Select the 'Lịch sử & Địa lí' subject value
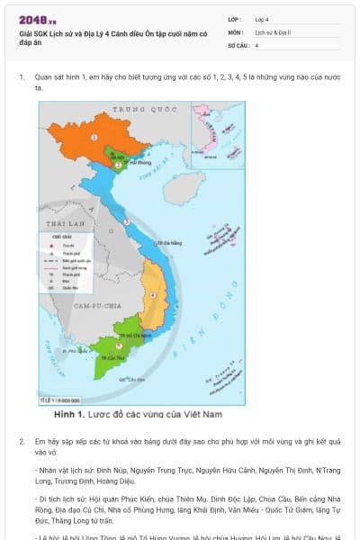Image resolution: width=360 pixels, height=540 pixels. (271, 31)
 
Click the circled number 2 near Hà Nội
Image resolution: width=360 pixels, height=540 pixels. (116, 166)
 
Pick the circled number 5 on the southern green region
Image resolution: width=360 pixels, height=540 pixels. (120, 345)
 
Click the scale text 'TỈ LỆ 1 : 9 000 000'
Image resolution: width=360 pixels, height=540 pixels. (60, 400)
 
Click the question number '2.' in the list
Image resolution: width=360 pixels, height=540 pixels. (22, 442)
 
